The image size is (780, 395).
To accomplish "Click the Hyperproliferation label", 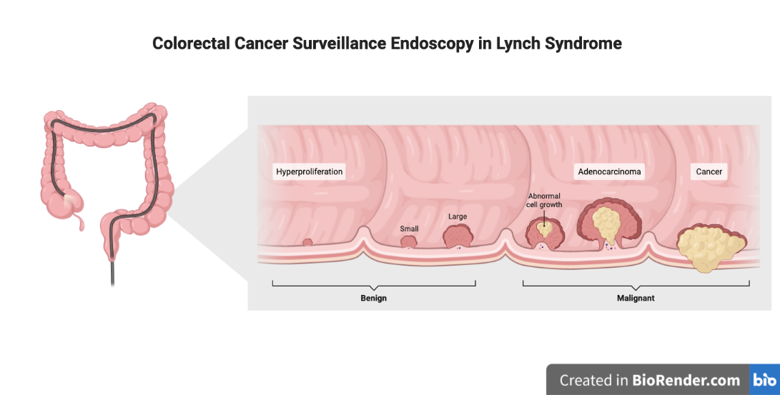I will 310,171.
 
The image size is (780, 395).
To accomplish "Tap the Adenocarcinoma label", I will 610,171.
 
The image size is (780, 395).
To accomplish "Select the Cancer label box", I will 709,171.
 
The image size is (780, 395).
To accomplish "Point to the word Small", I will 409,229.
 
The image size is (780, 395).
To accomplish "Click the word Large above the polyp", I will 458,216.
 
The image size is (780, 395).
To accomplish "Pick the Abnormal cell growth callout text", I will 545,200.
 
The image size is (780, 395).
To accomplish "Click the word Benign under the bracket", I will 373,298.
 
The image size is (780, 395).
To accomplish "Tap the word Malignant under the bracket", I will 636,298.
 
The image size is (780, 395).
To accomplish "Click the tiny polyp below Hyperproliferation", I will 307,242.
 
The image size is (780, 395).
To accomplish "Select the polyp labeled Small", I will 408,241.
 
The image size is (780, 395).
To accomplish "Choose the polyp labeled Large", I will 457,236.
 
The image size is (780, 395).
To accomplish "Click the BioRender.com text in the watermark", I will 686,380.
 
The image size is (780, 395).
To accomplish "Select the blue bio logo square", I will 764,380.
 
